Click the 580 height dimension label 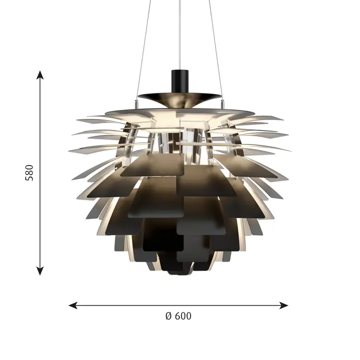click(x=30, y=173)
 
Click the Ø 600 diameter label click(x=178, y=316)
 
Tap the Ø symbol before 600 click(x=168, y=316)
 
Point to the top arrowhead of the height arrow click(x=40, y=74)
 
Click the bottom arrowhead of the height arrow click(x=40, y=271)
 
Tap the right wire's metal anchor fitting click(x=222, y=101)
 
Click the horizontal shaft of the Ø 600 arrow click(x=144, y=305)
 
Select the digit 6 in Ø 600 click(x=176, y=316)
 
